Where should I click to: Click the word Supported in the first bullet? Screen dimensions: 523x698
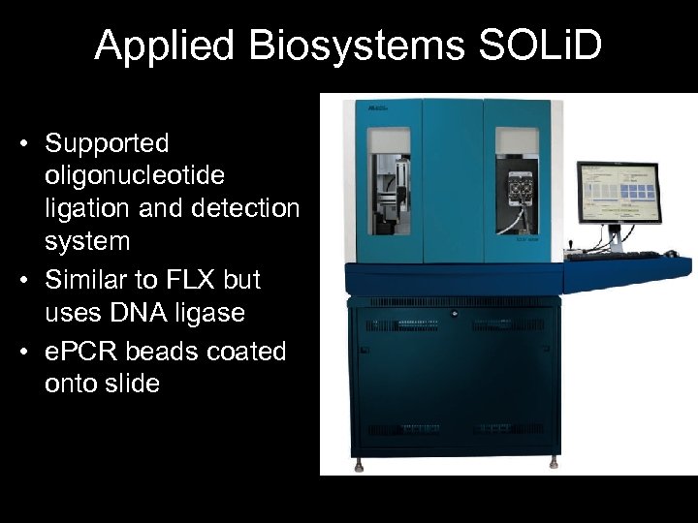point(107,144)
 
